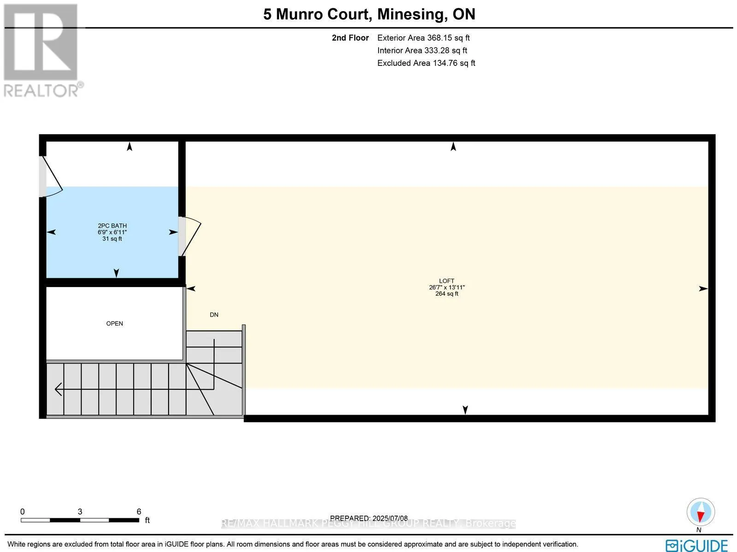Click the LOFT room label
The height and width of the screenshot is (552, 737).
click(446, 281)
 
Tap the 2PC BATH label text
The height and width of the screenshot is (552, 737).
click(112, 226)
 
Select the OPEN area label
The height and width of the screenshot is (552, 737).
click(115, 323)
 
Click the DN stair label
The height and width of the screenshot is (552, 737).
click(214, 315)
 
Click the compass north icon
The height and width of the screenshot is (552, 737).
click(700, 512)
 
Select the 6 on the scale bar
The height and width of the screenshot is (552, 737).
click(139, 511)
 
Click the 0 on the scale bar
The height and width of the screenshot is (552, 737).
click(22, 511)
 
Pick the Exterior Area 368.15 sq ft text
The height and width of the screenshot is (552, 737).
click(423, 38)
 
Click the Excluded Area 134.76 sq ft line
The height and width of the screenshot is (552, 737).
click(426, 63)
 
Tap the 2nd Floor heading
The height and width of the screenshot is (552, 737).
click(350, 38)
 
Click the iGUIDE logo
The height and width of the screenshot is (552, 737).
click(697, 545)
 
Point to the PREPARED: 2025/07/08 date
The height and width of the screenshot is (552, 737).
click(369, 518)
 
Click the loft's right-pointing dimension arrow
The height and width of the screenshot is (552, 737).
click(703, 288)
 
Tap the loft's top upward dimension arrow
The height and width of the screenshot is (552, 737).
click(453, 147)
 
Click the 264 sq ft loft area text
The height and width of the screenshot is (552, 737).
click(446, 294)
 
